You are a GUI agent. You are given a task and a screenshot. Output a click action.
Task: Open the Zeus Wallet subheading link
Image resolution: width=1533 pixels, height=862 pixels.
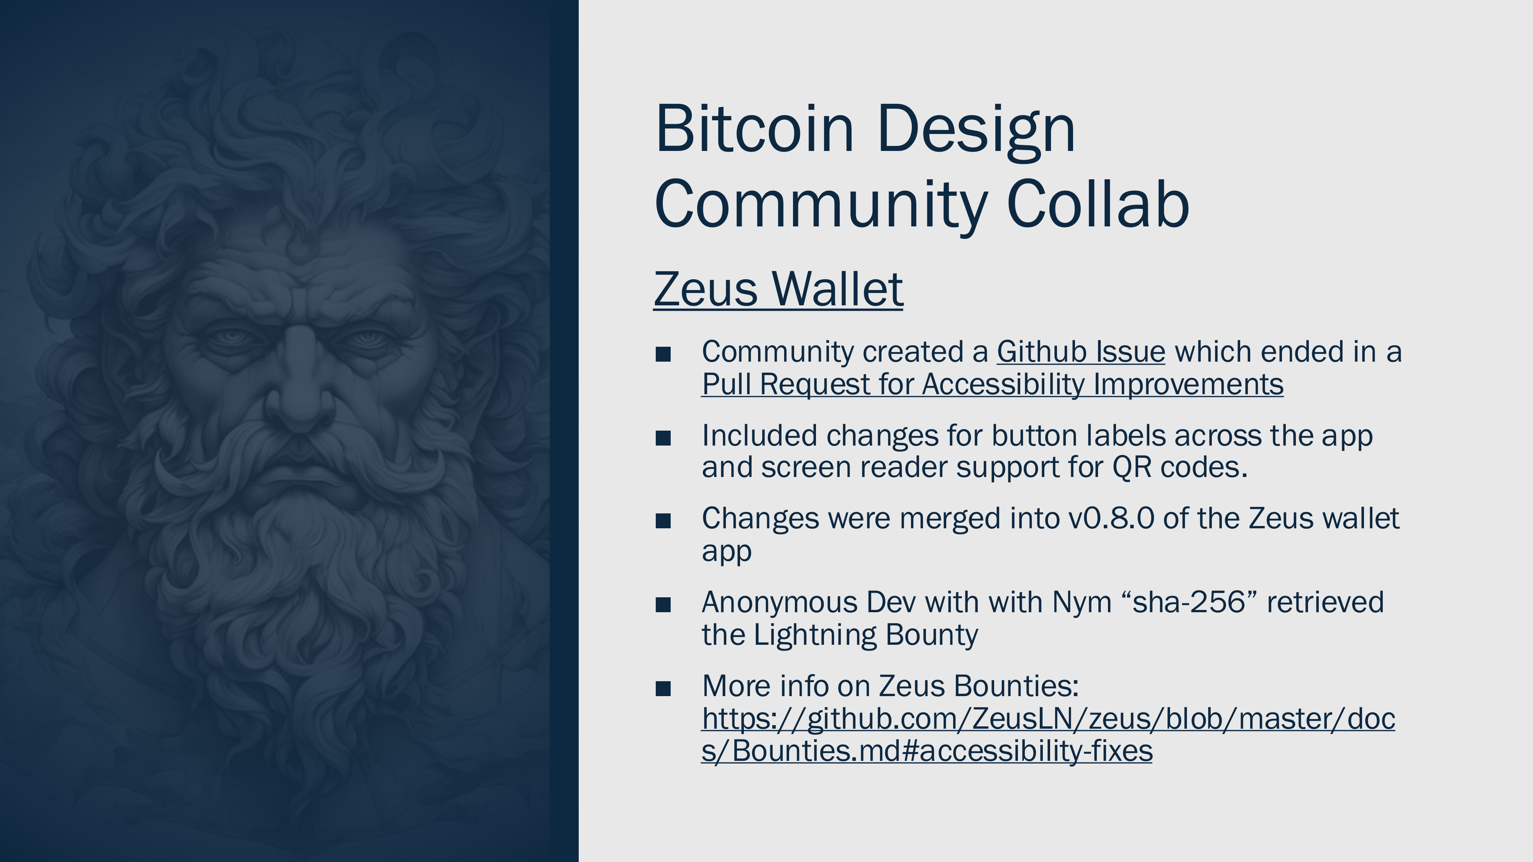(778, 289)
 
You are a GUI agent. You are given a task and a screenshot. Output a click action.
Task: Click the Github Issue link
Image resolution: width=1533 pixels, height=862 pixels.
(1081, 352)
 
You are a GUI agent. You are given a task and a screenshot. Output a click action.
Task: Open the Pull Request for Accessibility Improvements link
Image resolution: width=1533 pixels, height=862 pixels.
(993, 384)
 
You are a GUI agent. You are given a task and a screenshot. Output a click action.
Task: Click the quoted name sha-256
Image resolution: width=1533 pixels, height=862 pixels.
(1189, 602)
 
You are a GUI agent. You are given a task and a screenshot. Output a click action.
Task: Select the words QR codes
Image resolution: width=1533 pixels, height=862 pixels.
(1180, 467)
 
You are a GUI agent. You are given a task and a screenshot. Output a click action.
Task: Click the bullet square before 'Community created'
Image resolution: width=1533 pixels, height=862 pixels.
(663, 354)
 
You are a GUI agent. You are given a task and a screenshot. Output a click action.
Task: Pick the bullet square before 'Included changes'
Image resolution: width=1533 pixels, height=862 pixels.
(663, 438)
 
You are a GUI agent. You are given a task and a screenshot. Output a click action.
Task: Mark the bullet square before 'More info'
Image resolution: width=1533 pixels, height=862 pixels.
(663, 689)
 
